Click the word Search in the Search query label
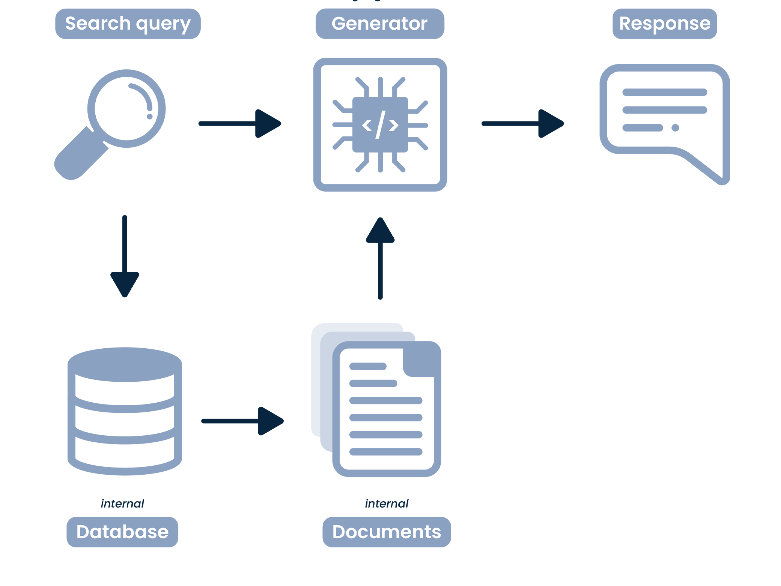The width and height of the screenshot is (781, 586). click(x=97, y=23)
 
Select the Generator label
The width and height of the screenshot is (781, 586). click(x=379, y=23)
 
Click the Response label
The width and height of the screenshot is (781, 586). click(x=664, y=23)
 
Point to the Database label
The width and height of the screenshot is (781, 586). click(x=122, y=532)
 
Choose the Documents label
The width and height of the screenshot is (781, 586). click(x=387, y=532)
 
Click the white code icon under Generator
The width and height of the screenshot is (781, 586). click(x=380, y=124)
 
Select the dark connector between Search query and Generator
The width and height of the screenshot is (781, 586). click(x=238, y=124)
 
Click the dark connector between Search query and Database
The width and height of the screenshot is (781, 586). click(x=125, y=251)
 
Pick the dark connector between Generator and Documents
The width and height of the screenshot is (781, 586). click(x=380, y=259)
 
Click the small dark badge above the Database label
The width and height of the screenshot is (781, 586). click(x=123, y=499)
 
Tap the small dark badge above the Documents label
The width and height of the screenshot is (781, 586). click(x=387, y=499)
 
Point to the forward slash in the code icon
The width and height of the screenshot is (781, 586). click(x=381, y=124)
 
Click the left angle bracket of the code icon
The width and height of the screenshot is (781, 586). click(x=367, y=125)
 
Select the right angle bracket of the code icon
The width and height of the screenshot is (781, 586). click(x=393, y=125)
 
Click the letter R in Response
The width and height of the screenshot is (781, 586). click(x=625, y=23)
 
